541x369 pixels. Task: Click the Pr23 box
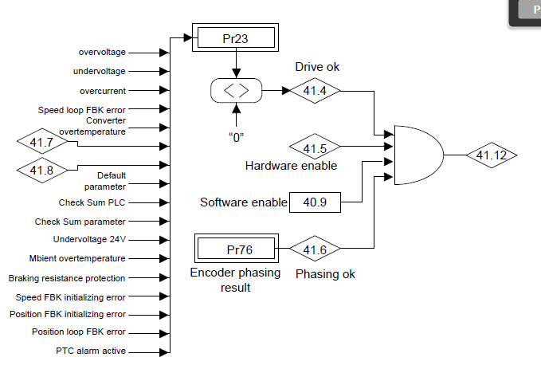tap(235, 37)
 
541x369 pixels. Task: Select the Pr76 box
tap(237, 248)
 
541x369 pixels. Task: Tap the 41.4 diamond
tap(315, 91)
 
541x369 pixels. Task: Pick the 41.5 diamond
tap(315, 147)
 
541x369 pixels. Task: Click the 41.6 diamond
tap(315, 249)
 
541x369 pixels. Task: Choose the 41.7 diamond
tap(42, 142)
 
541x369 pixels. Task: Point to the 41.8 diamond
tap(42, 170)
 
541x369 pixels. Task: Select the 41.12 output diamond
tap(492, 155)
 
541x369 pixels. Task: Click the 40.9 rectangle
tap(315, 202)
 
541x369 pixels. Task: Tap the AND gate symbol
tap(419, 155)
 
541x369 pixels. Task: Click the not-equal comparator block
tap(237, 90)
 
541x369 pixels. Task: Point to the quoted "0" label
tap(237, 137)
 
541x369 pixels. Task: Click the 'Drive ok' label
tap(317, 67)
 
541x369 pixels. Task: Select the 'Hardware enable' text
tap(291, 166)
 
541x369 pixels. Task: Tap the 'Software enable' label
tap(244, 202)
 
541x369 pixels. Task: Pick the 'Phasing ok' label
tap(325, 274)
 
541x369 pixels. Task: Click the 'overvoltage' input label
tap(102, 52)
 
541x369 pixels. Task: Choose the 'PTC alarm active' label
tap(91, 351)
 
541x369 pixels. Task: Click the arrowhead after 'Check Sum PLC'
tap(165, 202)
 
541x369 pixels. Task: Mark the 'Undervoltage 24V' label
tap(90, 239)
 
